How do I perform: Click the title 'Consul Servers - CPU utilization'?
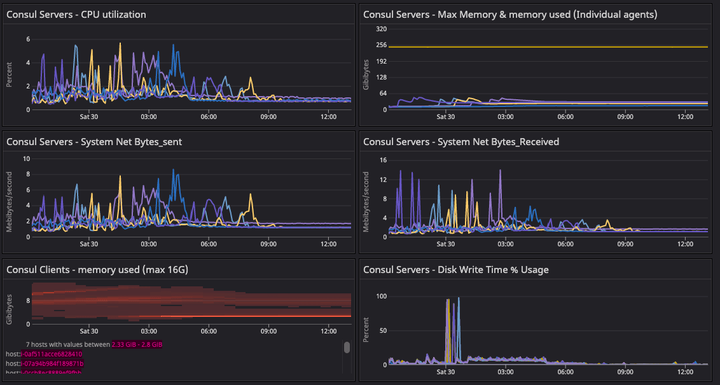coord(76,14)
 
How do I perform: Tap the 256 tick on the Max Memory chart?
coord(382,45)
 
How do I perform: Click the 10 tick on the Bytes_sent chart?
coord(26,158)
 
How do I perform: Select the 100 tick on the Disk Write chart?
coord(381,297)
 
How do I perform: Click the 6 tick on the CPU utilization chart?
coord(28,39)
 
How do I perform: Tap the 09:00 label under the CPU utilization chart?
coord(268,116)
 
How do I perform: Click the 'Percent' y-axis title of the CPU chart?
coord(10,74)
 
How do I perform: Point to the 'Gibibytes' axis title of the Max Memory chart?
coord(366,74)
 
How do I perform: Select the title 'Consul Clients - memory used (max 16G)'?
coord(97,270)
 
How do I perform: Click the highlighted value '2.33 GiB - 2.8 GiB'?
coord(137,344)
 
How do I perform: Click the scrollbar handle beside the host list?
coord(347,347)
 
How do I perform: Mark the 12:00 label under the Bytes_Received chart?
coord(685,244)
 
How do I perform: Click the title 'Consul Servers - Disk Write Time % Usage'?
coord(455,270)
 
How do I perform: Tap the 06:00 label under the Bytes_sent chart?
coord(209,244)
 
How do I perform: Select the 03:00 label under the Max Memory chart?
coord(506,116)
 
